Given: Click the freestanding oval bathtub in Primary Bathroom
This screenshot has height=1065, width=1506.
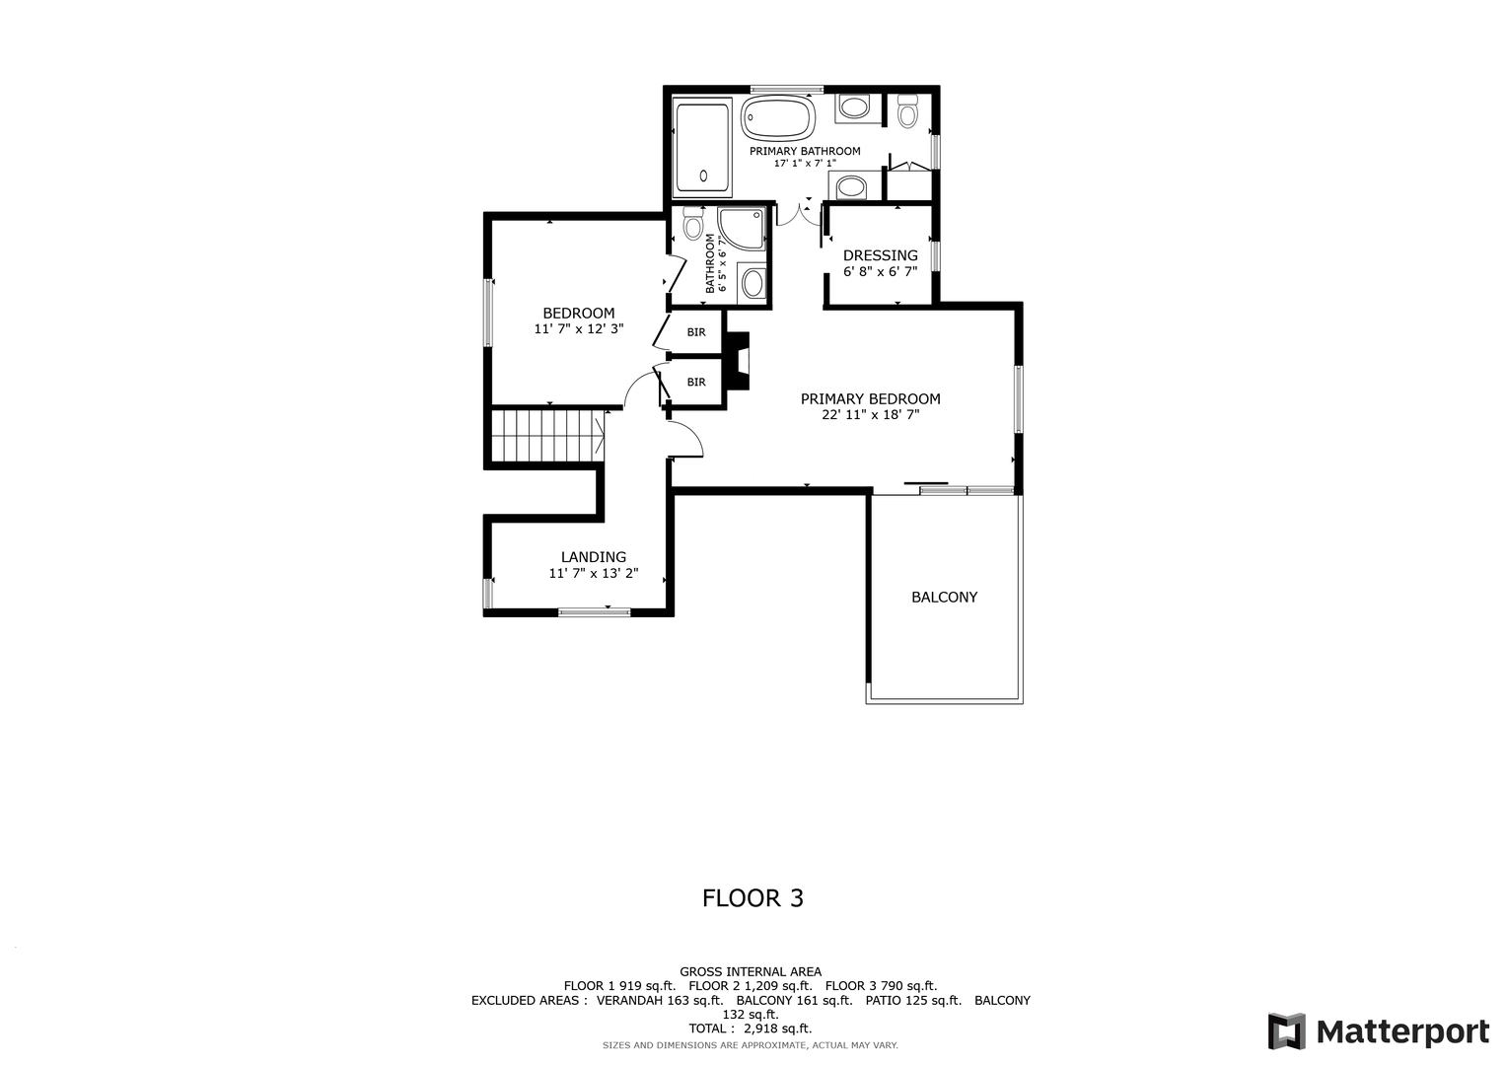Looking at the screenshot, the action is (778, 119).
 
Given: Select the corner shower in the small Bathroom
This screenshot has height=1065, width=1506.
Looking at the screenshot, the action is (742, 229).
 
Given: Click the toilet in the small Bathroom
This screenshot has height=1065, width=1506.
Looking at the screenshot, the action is (692, 223).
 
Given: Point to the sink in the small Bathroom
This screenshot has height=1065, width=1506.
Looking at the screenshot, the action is (753, 283).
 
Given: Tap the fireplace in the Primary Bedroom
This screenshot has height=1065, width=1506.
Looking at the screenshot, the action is (739, 361).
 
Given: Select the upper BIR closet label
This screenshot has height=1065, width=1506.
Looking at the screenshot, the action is (696, 332).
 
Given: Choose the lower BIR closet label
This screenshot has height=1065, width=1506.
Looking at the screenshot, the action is (696, 382).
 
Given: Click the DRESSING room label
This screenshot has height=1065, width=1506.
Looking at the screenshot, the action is (880, 255).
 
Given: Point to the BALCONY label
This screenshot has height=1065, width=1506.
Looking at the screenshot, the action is (944, 597).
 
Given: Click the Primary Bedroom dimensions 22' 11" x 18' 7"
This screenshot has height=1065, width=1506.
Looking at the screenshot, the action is (870, 415).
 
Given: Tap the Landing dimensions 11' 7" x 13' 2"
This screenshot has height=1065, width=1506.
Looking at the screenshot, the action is (593, 574).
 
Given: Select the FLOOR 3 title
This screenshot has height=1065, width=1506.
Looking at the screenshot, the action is (753, 898).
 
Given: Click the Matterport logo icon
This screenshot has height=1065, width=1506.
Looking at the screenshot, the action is (1287, 1031).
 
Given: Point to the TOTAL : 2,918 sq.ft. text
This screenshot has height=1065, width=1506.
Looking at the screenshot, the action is (751, 1028).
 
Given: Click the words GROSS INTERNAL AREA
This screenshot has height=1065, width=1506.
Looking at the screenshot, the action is (751, 971).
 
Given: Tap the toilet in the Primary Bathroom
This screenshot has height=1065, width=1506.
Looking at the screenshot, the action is (907, 110).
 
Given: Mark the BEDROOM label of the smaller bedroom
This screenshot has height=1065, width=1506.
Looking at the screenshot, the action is (578, 314).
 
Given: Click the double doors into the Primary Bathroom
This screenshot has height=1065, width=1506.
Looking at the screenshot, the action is (799, 214).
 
